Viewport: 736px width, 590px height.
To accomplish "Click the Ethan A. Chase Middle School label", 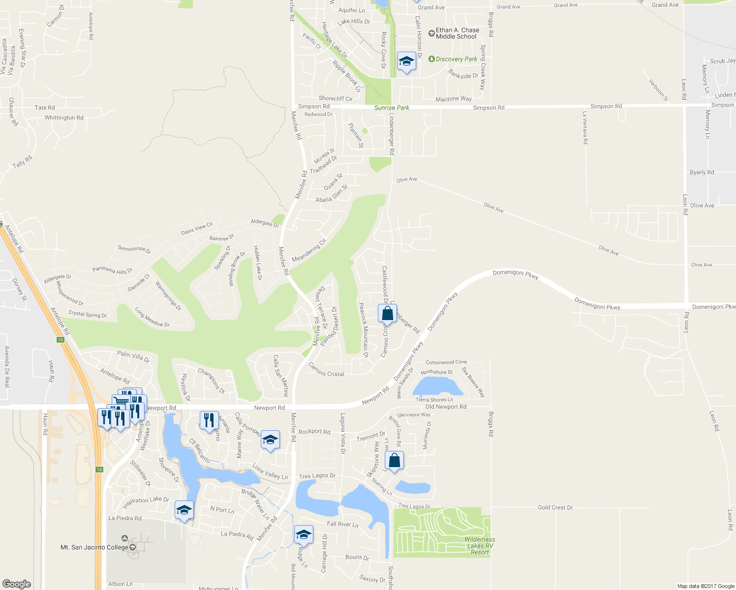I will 457,33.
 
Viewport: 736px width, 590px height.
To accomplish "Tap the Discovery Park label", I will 456,59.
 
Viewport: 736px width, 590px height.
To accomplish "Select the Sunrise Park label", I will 392,108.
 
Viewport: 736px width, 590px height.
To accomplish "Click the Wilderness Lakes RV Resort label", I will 480,546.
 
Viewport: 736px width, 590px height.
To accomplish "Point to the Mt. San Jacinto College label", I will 94,547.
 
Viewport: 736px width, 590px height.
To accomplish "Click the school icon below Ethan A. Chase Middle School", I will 406,61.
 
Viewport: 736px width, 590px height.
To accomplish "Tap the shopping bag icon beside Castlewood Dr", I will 388,313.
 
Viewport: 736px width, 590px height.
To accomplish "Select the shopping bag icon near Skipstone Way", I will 394,461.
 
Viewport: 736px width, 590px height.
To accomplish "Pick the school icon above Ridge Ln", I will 304,534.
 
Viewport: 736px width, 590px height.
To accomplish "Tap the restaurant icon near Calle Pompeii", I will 209,420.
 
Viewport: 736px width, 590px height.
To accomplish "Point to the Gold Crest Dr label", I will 555,507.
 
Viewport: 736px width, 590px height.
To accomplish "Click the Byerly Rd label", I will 702,173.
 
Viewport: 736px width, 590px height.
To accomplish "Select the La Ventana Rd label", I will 585,127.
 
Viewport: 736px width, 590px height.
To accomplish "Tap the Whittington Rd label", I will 64,118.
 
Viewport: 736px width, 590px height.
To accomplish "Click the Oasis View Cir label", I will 197,229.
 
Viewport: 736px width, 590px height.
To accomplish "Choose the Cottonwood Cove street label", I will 446,362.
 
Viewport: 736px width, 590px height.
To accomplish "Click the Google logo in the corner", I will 17,584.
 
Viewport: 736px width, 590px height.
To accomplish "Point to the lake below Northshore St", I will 437,386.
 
